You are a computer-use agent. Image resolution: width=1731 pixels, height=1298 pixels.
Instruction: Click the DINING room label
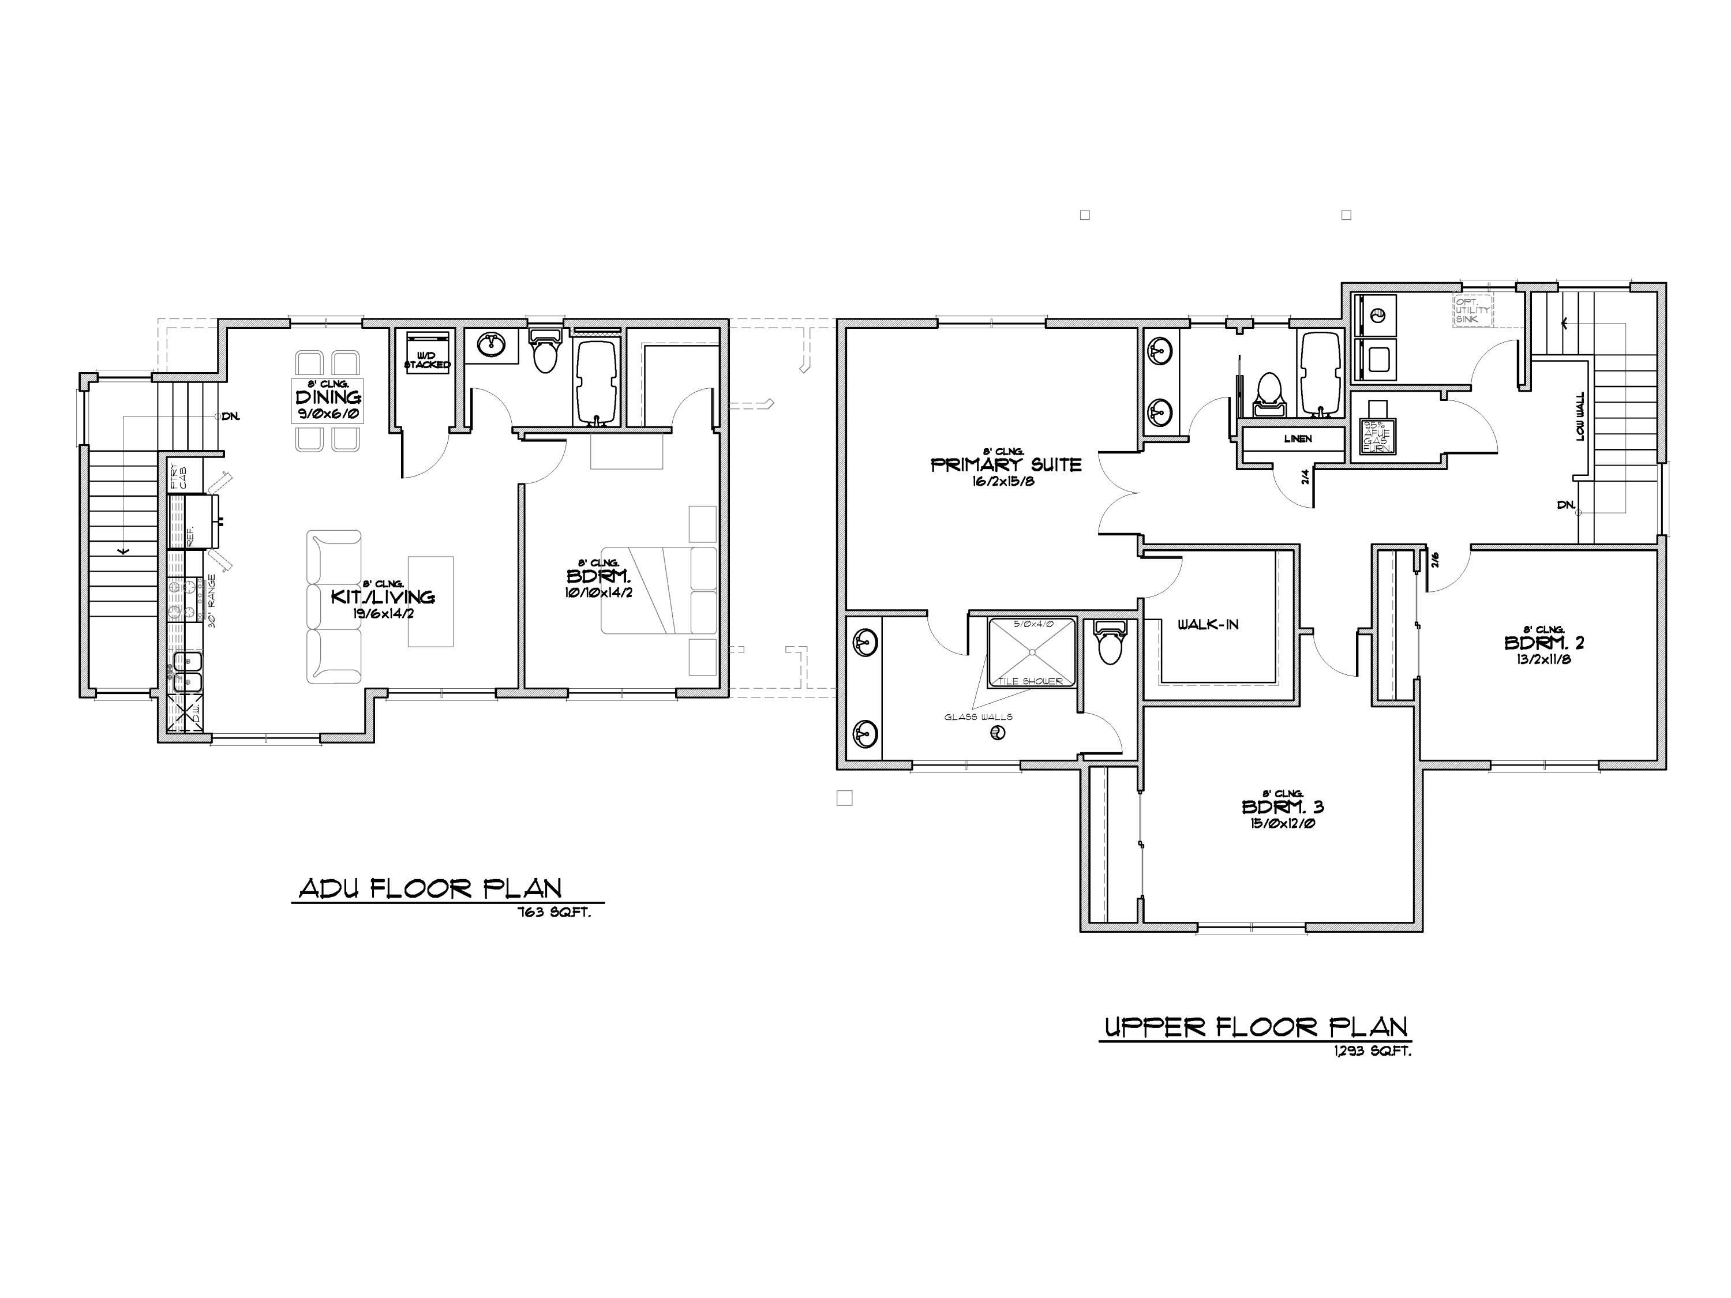tap(328, 398)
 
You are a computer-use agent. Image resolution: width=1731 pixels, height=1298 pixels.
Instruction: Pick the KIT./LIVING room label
tap(382, 597)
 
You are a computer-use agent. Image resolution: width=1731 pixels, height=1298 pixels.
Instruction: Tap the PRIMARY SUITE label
tap(1006, 465)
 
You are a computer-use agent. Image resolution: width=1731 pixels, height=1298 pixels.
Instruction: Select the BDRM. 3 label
tap(1283, 806)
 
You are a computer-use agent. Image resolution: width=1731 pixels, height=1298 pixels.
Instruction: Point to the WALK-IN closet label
tap(1208, 624)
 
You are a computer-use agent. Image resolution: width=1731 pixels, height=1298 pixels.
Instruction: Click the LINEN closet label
tap(1298, 439)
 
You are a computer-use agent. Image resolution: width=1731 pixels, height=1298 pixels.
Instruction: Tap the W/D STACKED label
tap(428, 361)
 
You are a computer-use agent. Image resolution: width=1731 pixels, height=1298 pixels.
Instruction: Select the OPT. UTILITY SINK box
tap(1473, 310)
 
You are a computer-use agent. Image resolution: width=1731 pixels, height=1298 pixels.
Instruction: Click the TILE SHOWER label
tap(1030, 681)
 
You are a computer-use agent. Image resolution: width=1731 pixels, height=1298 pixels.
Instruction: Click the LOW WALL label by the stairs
tap(1581, 417)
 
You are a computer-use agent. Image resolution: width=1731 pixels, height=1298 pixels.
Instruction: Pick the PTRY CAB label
tap(178, 475)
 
